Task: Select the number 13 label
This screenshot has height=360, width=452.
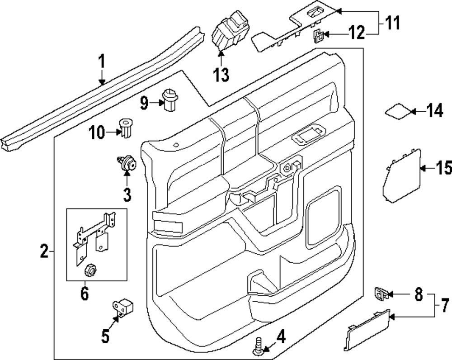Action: point(221,75)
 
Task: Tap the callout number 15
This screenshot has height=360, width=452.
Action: point(443,168)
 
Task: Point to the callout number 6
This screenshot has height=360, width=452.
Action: point(85,294)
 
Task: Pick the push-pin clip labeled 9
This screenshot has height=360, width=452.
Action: point(169,100)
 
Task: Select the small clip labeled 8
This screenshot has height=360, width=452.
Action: point(381,294)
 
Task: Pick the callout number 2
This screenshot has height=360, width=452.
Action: point(44,251)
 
